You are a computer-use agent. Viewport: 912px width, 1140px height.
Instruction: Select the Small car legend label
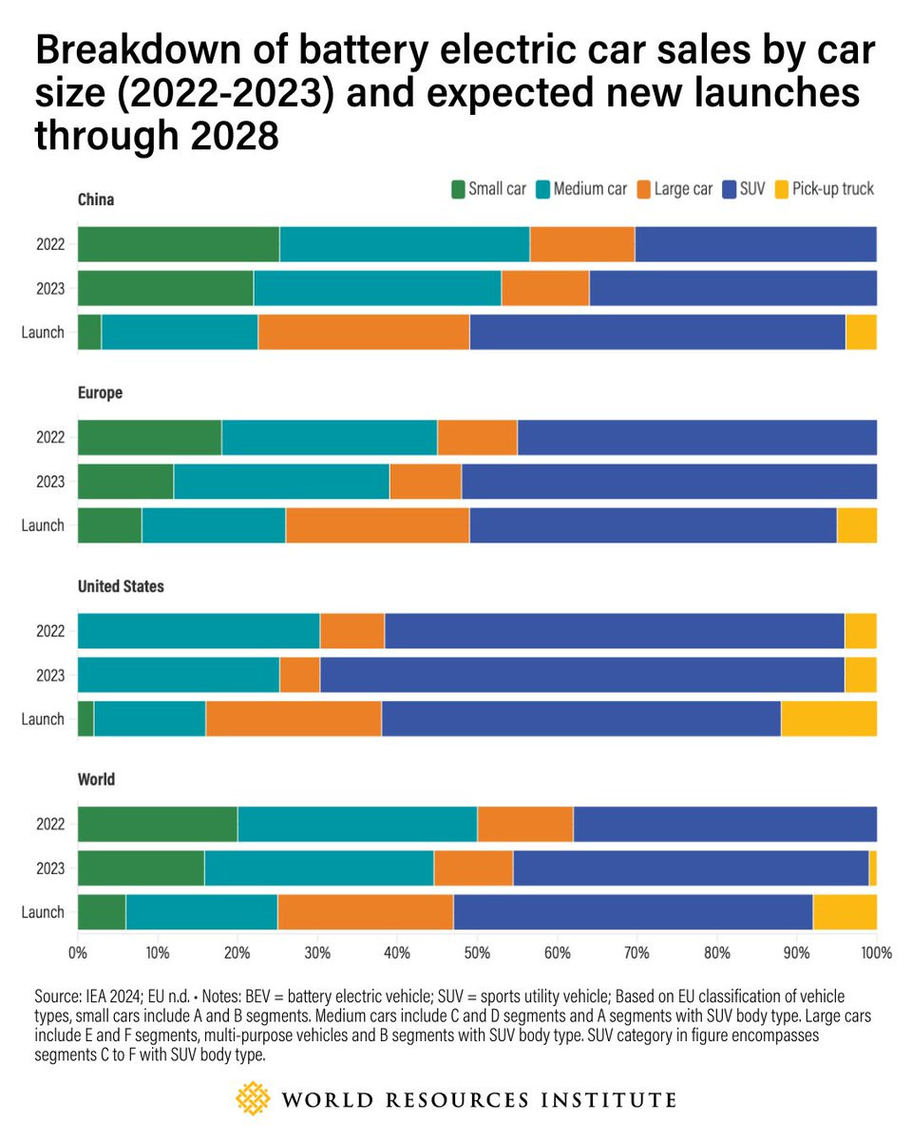click(x=497, y=189)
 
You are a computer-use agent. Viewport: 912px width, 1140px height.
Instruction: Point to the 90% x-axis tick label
click(x=796, y=952)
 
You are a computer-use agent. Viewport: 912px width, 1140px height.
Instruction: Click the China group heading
click(x=96, y=199)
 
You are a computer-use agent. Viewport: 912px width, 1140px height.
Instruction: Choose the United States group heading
click(x=121, y=586)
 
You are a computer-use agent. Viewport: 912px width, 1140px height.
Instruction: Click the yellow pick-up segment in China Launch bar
click(x=861, y=332)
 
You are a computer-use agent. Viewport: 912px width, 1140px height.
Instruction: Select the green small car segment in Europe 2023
click(x=125, y=481)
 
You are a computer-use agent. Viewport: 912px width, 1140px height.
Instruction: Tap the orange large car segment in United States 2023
click(x=299, y=674)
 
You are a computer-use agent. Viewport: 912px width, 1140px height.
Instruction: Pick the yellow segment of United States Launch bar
click(x=828, y=718)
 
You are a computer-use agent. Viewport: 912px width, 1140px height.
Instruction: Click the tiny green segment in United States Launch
click(x=85, y=718)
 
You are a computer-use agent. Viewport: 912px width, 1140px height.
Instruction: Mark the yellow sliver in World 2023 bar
click(x=873, y=867)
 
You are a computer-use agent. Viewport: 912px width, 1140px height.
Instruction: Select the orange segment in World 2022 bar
click(x=524, y=824)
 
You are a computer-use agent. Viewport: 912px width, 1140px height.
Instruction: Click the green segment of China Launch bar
click(x=89, y=332)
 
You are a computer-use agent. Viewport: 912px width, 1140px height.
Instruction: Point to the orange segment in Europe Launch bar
click(x=377, y=525)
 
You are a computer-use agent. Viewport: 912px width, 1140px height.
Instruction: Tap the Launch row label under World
click(x=43, y=912)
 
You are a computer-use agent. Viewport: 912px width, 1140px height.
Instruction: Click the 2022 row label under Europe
click(x=50, y=437)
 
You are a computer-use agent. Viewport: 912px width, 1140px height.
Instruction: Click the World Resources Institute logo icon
click(x=253, y=1099)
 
